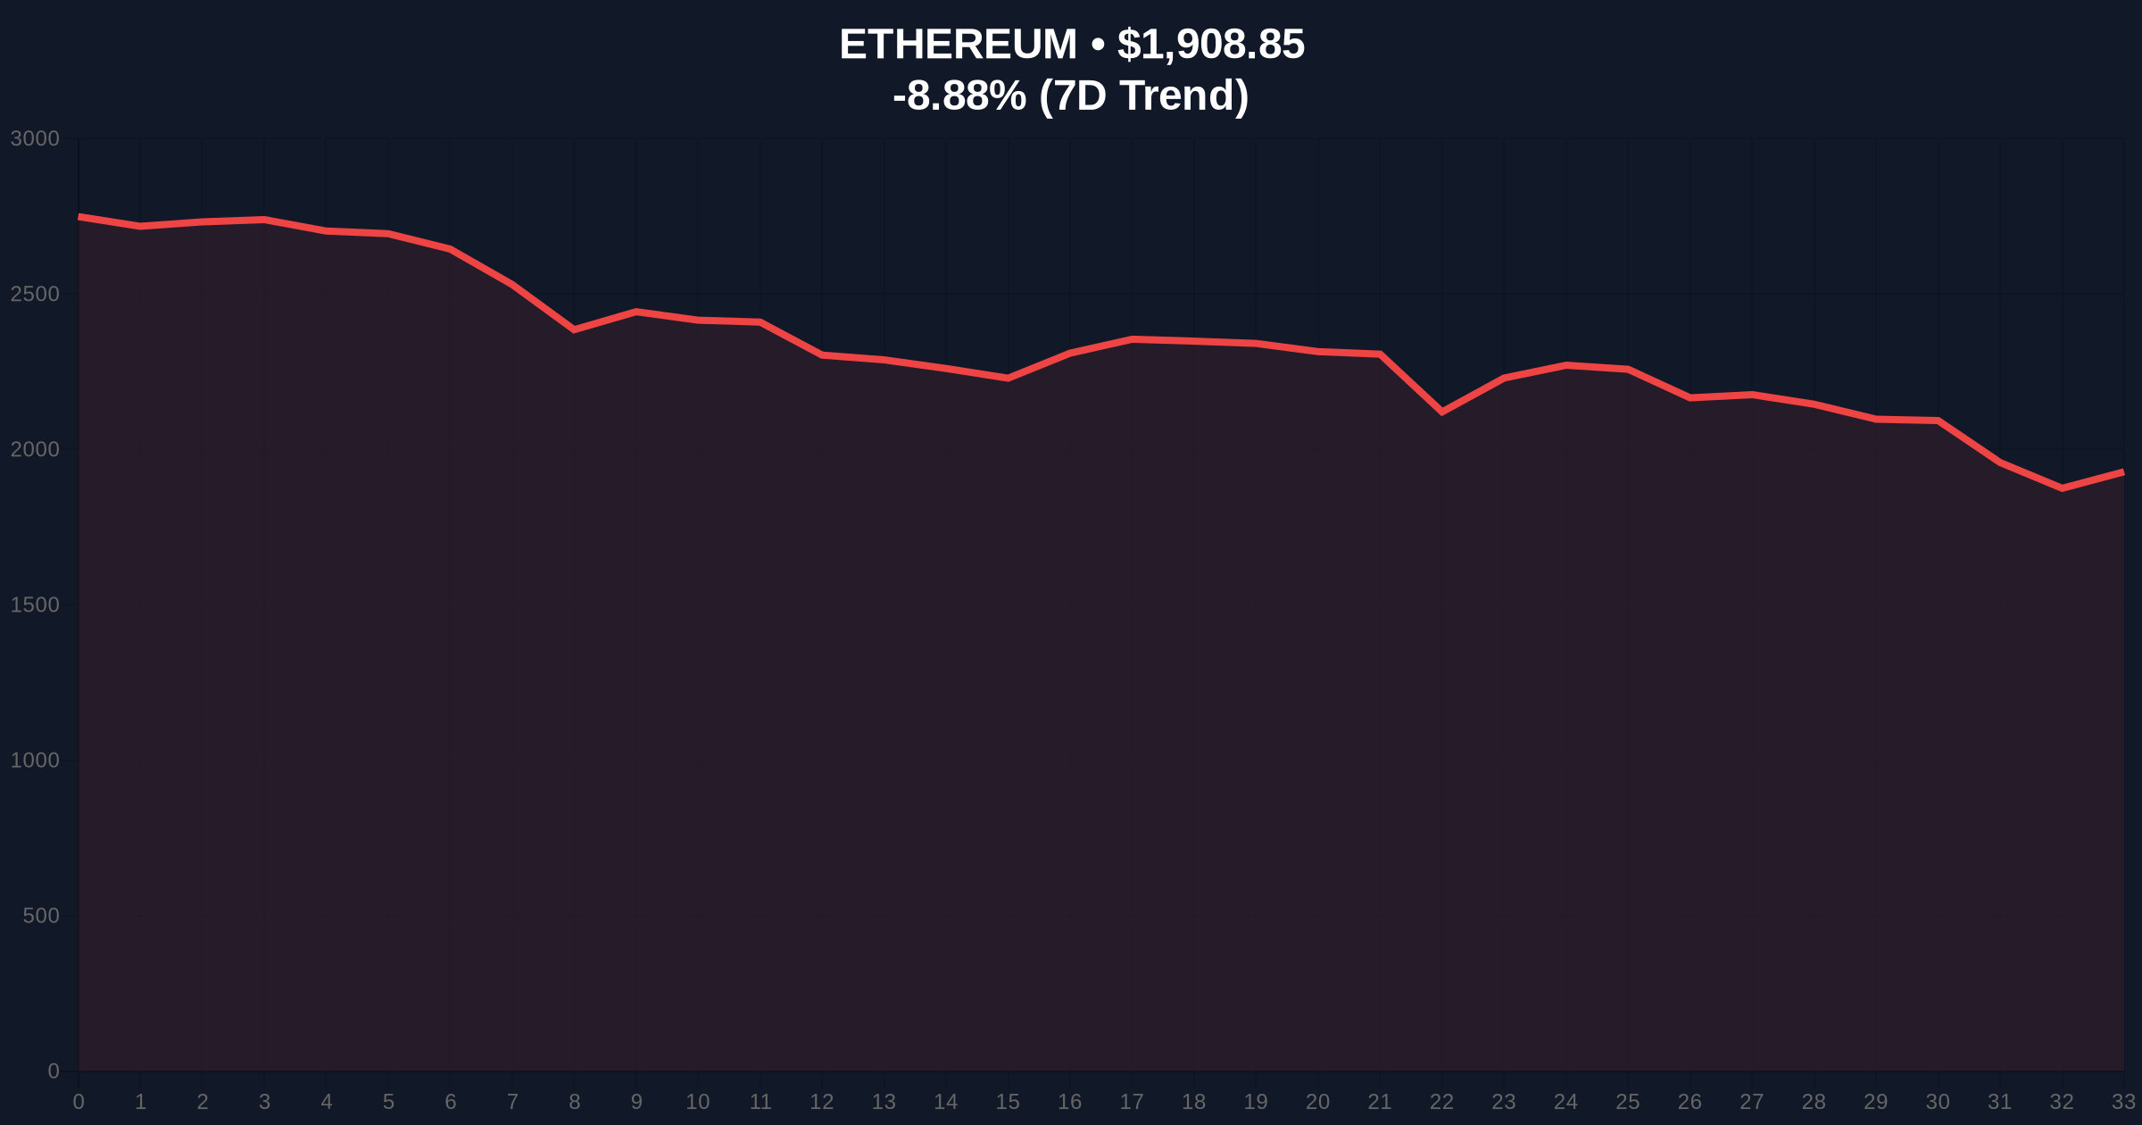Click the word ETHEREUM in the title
958,45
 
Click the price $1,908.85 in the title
1210,45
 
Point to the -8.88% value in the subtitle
959,96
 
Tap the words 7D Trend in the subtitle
1146,96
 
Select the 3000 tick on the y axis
35,139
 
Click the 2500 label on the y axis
35,295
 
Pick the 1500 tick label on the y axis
35,605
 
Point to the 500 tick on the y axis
41,916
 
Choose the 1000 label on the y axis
35,761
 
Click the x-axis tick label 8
574,1102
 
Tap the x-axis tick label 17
1132,1102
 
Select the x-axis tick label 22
1441,1102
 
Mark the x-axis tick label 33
2123,1102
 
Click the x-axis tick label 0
79,1102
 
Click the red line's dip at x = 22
1441,412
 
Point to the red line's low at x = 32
2062,488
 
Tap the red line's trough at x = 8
574,329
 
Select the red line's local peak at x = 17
1132,339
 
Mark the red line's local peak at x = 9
635,312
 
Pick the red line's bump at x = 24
1566,365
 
